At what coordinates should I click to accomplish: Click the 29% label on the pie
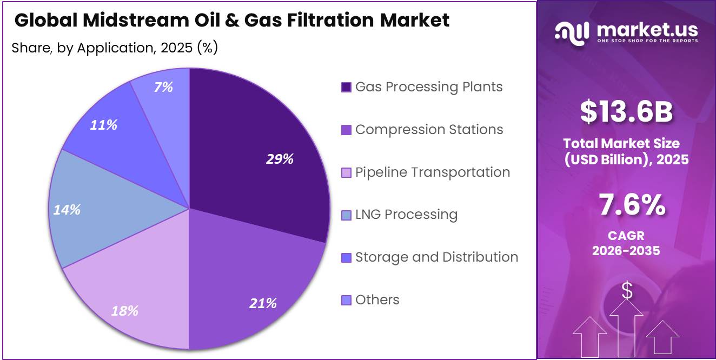pos(280,159)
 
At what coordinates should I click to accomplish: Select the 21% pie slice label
pos(263,303)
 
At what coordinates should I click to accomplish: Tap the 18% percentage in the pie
pos(125,311)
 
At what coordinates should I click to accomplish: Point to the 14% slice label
pos(67,210)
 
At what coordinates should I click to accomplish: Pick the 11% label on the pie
pos(104,125)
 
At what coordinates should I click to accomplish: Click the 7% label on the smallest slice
pos(163,87)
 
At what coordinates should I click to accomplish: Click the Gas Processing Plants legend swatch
pos(346,87)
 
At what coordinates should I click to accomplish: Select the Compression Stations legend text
pos(429,129)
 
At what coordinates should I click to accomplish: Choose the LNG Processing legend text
pos(407,215)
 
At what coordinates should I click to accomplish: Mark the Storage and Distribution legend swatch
pos(346,257)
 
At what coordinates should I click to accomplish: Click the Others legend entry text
pos(377,299)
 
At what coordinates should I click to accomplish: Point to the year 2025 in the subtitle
pos(176,48)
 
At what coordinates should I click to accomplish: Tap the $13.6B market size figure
pos(626,111)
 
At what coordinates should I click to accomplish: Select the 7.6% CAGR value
pos(632,205)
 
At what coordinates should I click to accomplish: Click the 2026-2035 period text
pos(626,251)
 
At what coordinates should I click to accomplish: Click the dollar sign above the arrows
pos(627,290)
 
